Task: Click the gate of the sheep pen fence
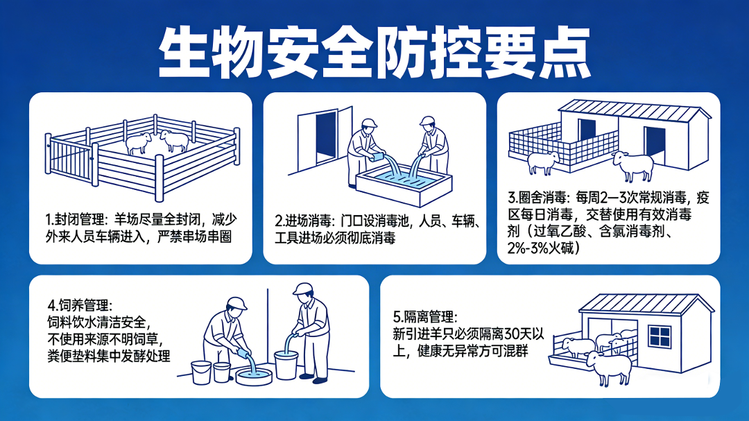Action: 71,160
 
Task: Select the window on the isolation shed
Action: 660,336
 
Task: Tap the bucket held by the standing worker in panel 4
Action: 286,365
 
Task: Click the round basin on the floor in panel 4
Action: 254,376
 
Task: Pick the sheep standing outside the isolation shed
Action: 609,368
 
